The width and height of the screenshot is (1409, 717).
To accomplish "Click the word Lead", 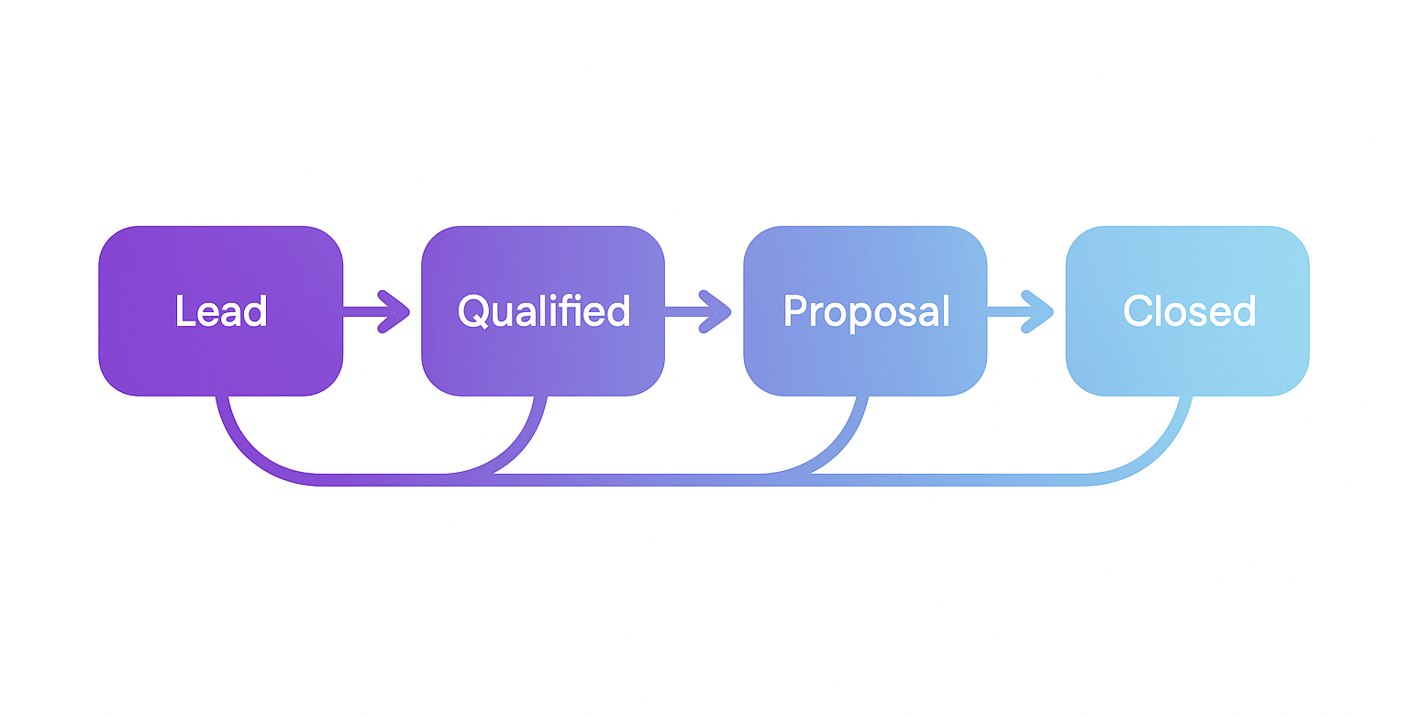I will [221, 311].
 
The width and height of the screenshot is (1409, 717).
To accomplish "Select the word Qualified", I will [543, 311].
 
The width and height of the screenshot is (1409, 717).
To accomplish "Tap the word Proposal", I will [866, 312].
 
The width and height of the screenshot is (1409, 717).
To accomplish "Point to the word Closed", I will [1188, 311].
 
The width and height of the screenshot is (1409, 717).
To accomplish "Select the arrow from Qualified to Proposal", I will [698, 311].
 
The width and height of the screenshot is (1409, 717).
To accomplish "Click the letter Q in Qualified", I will [472, 312].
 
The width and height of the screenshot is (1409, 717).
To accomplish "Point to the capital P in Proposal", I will [794, 311].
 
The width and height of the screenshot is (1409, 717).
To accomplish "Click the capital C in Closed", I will [1137, 311].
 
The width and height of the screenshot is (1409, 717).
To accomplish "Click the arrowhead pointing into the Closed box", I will [1041, 311].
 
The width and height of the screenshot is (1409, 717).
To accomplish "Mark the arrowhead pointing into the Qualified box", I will [396, 311].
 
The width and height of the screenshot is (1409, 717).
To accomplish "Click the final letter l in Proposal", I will [945, 310].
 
